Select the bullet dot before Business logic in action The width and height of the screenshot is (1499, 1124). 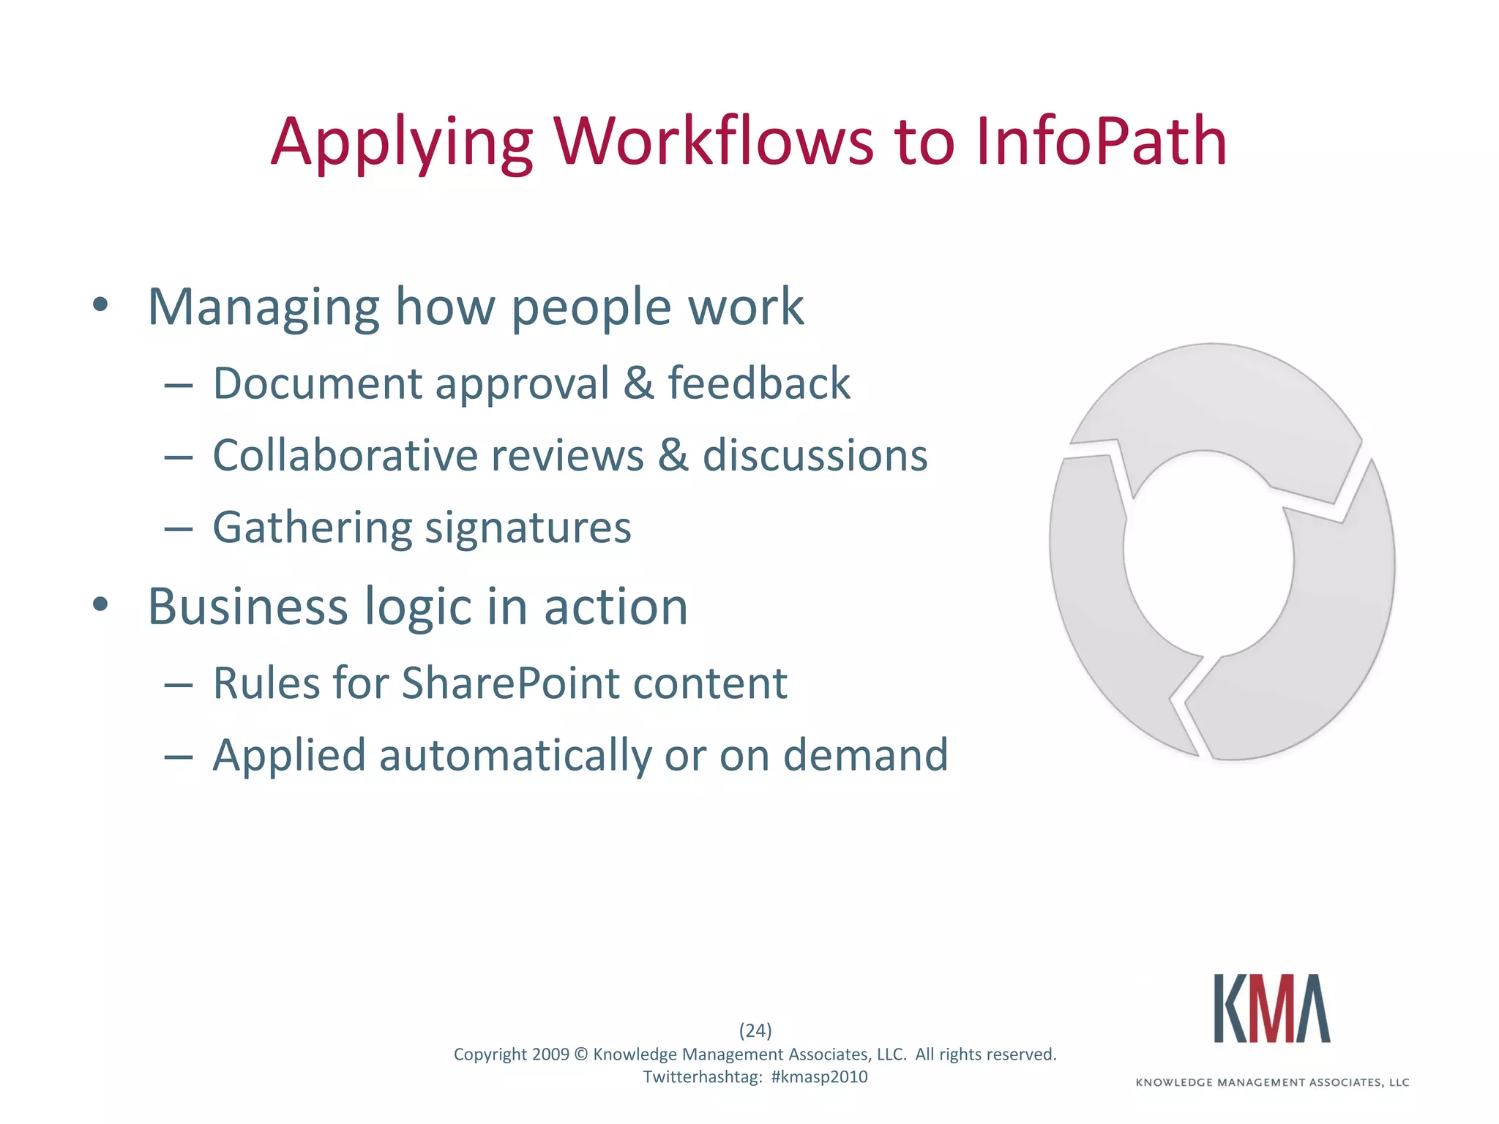(101, 604)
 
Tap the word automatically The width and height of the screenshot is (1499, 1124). (515, 755)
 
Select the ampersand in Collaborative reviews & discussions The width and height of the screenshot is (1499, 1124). (673, 455)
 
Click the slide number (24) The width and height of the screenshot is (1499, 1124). (755, 1030)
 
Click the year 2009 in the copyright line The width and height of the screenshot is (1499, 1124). (550, 1054)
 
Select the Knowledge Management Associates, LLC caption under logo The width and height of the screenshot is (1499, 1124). (1272, 1082)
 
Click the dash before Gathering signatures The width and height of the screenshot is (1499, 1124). (178, 528)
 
